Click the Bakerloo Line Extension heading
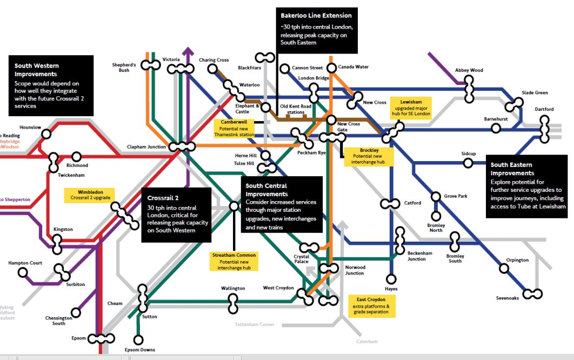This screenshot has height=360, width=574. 316,16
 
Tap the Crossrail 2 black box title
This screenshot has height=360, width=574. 163,198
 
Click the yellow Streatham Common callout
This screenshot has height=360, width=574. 233,261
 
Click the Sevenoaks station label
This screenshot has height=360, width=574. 507,298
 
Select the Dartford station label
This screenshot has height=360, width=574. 544,110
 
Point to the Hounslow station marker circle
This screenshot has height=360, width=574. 48,134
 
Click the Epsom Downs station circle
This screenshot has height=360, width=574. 138,339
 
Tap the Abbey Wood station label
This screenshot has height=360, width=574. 469,70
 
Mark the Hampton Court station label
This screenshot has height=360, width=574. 25,263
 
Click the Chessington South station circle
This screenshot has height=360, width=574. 76,312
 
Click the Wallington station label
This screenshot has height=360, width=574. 233,289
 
